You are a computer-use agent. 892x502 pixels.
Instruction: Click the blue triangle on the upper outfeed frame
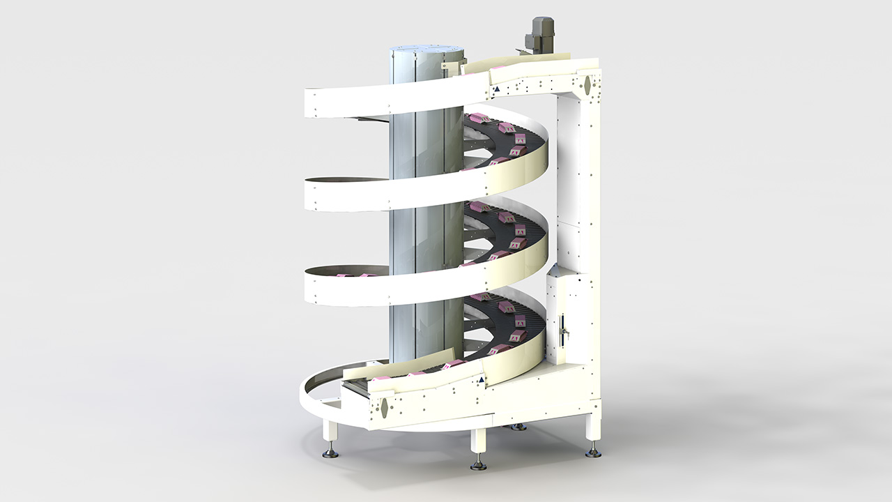[x=496, y=89]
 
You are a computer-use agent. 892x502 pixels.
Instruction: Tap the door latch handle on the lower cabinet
[x=564, y=328]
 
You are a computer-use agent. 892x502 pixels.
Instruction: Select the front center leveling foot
[x=478, y=463]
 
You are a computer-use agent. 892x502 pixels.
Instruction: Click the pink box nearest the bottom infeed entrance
[x=382, y=376]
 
